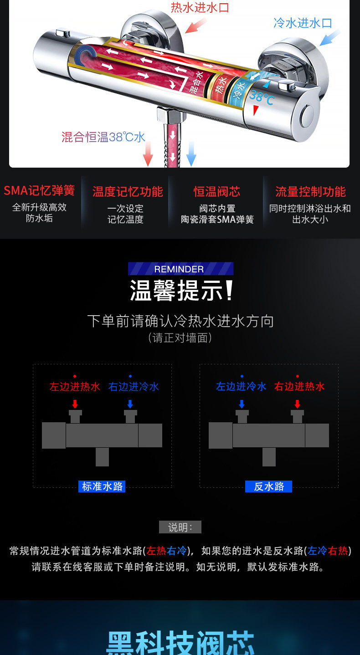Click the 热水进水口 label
(x=200, y=8)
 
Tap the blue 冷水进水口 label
(x=303, y=23)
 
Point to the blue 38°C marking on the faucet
(x=262, y=97)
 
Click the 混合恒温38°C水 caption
(x=103, y=137)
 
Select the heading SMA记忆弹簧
(x=39, y=191)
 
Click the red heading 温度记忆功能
(x=128, y=192)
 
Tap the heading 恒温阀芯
(x=217, y=192)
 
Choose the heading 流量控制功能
(x=311, y=192)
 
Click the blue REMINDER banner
(x=181, y=269)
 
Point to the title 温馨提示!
(x=181, y=290)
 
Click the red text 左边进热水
(x=75, y=387)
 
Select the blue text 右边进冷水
(x=134, y=387)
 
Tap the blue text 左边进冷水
(x=241, y=386)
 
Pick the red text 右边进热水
(x=299, y=386)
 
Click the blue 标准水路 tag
(x=102, y=486)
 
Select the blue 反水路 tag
(x=268, y=486)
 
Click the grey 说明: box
(x=180, y=527)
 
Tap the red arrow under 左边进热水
(x=75, y=404)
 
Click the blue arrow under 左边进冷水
(x=242, y=404)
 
